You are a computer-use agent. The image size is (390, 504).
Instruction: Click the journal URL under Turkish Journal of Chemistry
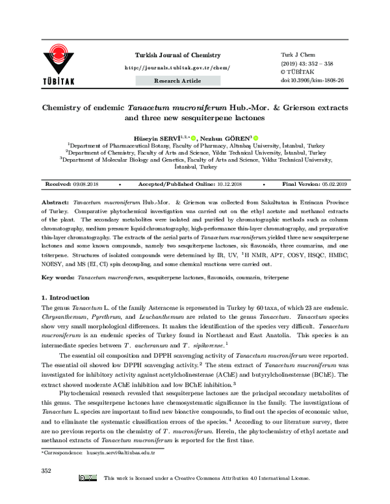[x=177, y=68]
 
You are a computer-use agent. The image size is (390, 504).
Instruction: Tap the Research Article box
[x=177, y=81]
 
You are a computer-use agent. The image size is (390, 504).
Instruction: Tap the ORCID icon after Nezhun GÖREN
[x=256, y=138]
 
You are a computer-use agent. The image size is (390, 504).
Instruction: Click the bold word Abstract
[x=56, y=203]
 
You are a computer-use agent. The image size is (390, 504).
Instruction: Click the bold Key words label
[x=57, y=277]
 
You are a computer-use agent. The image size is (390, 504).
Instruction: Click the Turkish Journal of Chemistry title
[x=177, y=55]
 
